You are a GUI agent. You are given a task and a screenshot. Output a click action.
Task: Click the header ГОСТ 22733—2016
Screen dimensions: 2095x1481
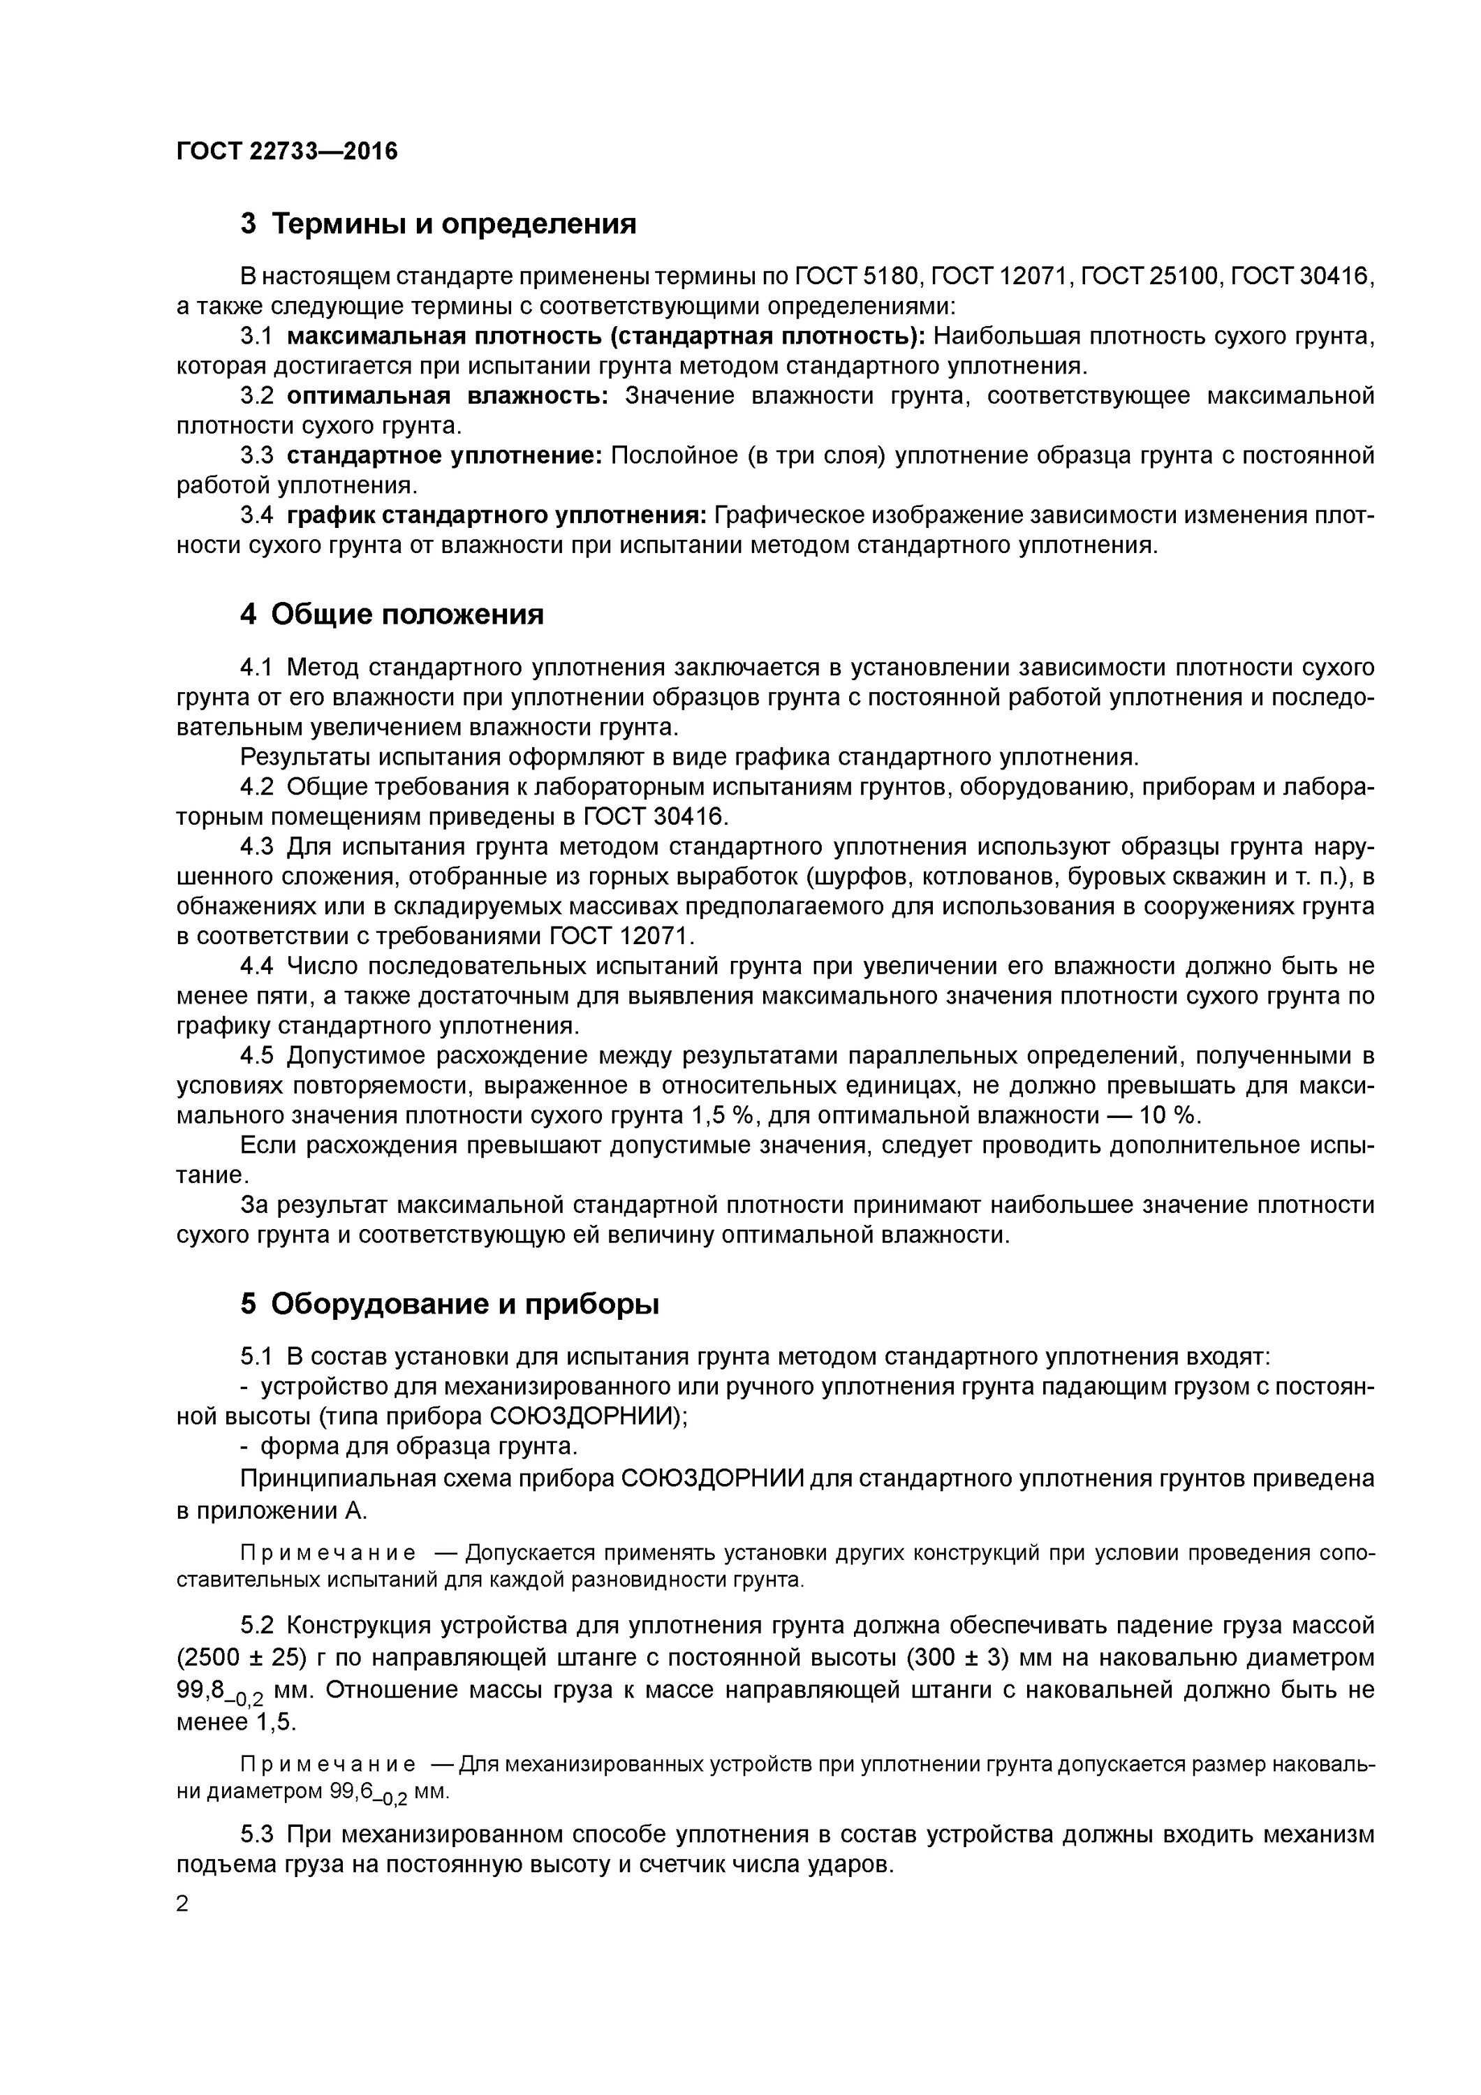pyautogui.click(x=286, y=151)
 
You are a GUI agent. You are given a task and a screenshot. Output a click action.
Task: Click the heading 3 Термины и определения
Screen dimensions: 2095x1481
pyautogui.click(x=438, y=223)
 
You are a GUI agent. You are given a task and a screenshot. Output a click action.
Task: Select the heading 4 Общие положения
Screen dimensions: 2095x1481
pyautogui.click(x=392, y=614)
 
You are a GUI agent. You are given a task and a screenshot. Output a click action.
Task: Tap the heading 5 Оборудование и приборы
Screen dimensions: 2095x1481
pyautogui.click(x=449, y=1304)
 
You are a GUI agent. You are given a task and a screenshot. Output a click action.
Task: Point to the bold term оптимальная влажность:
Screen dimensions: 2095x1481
pyautogui.click(x=447, y=396)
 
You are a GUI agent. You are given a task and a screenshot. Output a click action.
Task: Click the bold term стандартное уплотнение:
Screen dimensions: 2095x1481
pyautogui.click(x=444, y=455)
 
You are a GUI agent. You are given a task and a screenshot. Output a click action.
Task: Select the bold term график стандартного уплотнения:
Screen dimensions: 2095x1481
pyautogui.click(x=496, y=515)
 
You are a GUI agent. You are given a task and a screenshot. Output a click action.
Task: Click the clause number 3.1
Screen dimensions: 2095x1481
pyautogui.click(x=256, y=337)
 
